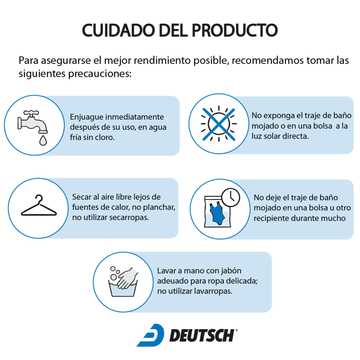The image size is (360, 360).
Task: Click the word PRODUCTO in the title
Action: (x=235, y=30)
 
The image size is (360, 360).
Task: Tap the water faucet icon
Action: (x=32, y=121)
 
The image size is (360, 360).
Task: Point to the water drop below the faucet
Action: (x=43, y=140)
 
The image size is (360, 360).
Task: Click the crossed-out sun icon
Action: (x=219, y=124)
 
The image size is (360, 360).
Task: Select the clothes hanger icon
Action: (x=39, y=205)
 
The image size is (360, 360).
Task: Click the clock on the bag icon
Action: (x=230, y=197)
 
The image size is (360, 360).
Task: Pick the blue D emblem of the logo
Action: (x=151, y=335)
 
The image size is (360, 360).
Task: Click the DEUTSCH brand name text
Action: (x=202, y=336)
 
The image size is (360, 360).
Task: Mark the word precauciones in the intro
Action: (x=100, y=74)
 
